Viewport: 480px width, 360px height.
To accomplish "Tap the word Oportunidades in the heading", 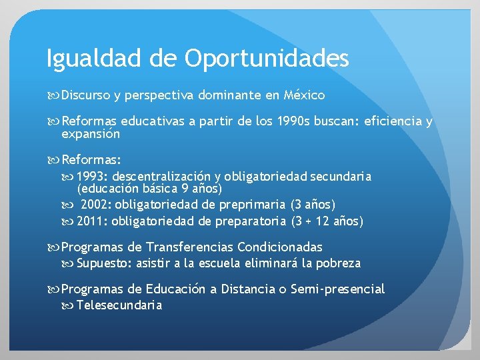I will (267, 59).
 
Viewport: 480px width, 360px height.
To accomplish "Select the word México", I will (304, 95).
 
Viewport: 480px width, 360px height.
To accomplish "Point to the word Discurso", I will (85, 95).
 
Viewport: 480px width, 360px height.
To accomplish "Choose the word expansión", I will (91, 134).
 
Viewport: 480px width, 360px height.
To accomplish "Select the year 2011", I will (92, 221).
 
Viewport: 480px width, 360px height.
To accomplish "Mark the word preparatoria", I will (253, 221).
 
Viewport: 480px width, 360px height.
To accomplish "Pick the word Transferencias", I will (188, 247).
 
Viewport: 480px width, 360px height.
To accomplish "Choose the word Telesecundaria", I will (119, 305).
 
